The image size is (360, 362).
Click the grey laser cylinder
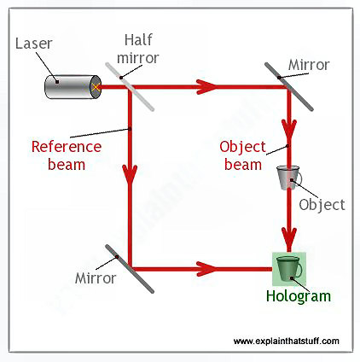click(x=73, y=87)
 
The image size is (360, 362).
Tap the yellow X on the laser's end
click(x=96, y=87)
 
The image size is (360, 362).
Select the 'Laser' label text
click(x=33, y=44)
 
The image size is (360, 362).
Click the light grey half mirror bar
click(x=130, y=86)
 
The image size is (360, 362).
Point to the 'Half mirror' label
click(x=138, y=49)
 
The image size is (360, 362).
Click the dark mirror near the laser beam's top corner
click(x=289, y=86)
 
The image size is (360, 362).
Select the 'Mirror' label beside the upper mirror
click(x=309, y=65)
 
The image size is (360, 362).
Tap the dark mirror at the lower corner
click(x=130, y=269)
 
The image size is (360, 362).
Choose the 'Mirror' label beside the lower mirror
click(x=96, y=278)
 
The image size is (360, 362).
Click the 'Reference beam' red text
click(x=67, y=155)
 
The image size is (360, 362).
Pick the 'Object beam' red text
click(x=243, y=155)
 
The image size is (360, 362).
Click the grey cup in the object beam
click(x=289, y=178)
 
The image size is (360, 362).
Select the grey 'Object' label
click(x=322, y=205)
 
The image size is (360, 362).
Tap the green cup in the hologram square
click(x=289, y=268)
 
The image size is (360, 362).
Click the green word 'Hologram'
click(x=299, y=296)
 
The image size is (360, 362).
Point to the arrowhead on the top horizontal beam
click(x=206, y=86)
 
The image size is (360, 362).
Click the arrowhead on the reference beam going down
click(x=130, y=174)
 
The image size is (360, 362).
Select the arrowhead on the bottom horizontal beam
click(x=206, y=269)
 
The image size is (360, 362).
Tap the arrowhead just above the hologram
click(x=289, y=239)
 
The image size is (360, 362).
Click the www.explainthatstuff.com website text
click(x=287, y=341)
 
